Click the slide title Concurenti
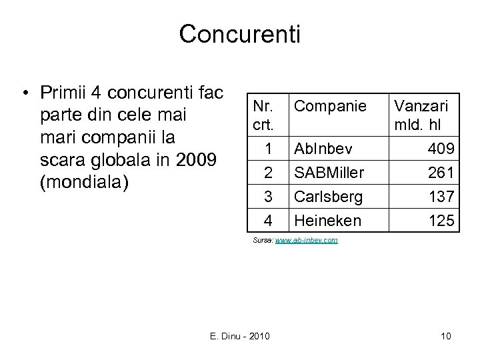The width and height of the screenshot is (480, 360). point(239,34)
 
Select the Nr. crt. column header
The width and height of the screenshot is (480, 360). point(265,115)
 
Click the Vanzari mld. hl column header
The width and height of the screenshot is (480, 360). point(421,115)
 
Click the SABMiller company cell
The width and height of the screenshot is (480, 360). point(329,173)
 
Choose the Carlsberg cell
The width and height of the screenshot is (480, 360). point(328,197)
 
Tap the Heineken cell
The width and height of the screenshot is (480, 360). point(326,220)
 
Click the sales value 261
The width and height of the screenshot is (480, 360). point(441,173)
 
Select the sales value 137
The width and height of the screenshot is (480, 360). point(441,197)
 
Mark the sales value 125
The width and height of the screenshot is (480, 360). point(441,220)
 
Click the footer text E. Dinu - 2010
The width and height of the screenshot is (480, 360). point(239,336)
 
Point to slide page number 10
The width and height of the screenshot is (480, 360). point(445,336)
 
